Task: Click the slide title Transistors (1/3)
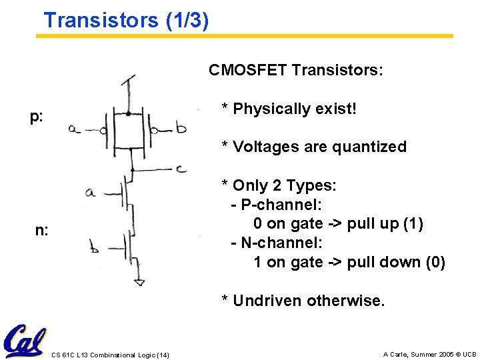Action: pyautogui.click(x=126, y=19)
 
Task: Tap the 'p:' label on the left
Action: pyautogui.click(x=36, y=118)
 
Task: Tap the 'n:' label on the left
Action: pyautogui.click(x=41, y=231)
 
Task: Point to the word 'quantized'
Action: pyautogui.click(x=372, y=147)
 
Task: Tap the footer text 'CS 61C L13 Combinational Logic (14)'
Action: pyautogui.click(x=110, y=354)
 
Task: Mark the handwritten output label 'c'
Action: pyautogui.click(x=181, y=168)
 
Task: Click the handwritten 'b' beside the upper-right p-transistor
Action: pyautogui.click(x=181, y=128)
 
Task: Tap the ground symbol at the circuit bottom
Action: pyautogui.click(x=139, y=283)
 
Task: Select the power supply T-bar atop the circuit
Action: pyautogui.click(x=128, y=81)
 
